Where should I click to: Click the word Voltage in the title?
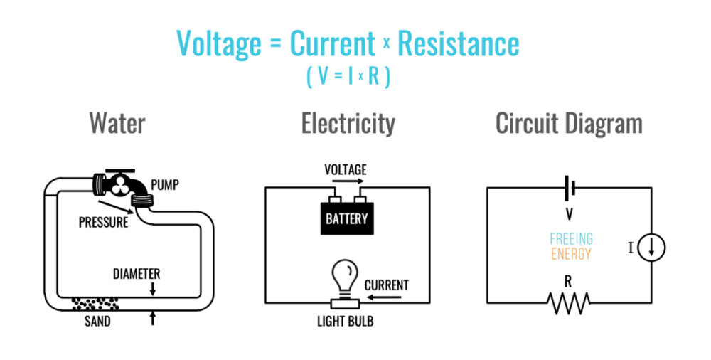point(220,44)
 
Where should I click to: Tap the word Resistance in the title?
point(459,44)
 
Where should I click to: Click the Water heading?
point(117,123)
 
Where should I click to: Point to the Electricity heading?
point(348,123)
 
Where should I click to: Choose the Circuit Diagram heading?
point(569,123)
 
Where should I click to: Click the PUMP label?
point(164,186)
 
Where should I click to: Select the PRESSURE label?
point(104,222)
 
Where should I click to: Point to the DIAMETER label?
point(137,274)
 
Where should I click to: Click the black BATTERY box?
point(347,218)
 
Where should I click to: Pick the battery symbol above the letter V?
point(568,188)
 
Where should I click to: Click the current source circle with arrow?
point(651,247)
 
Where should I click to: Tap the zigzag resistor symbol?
point(568,304)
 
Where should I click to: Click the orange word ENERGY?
point(571,254)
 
